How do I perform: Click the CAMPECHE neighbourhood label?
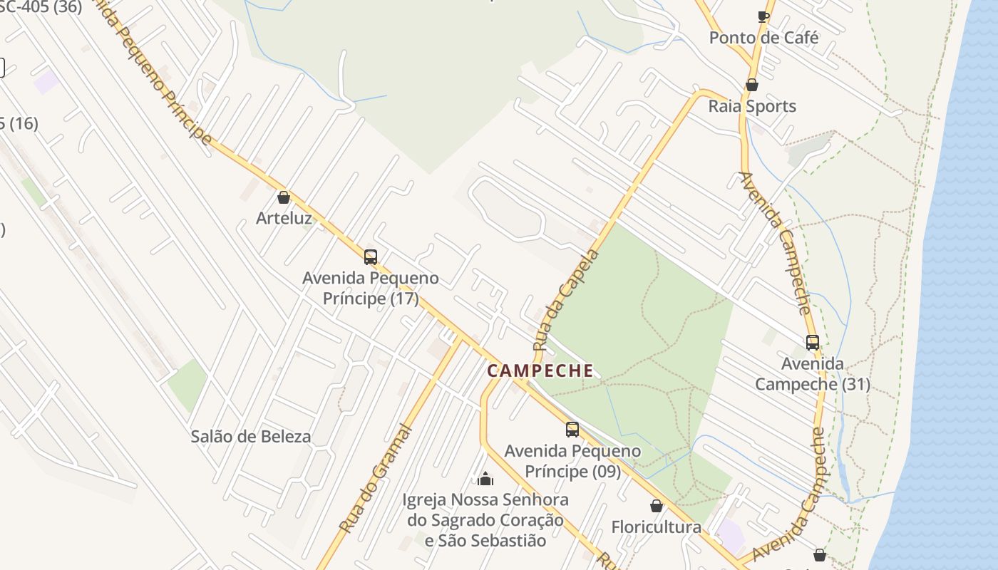tap(540, 370)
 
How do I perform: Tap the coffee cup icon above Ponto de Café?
tap(763, 16)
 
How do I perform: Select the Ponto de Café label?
tap(763, 38)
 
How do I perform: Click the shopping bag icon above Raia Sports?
tap(751, 85)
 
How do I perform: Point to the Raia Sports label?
tap(751, 106)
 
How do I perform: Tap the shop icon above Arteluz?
tap(284, 197)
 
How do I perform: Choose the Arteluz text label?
tap(284, 218)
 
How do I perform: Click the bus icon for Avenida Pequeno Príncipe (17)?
tap(370, 256)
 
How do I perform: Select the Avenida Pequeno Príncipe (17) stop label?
tap(370, 288)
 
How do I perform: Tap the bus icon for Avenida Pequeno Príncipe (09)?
tap(572, 429)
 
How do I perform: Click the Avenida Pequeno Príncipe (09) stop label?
tap(572, 461)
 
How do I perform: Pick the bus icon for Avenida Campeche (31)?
tap(812, 342)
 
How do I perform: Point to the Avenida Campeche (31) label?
tap(812, 374)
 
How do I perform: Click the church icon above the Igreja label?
tap(485, 478)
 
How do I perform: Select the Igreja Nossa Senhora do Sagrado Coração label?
tap(485, 520)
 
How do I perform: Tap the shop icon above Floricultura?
tap(656, 506)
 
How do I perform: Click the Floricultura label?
tap(656, 527)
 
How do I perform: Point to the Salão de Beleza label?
tap(250, 437)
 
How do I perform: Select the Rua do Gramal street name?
tap(375, 480)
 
